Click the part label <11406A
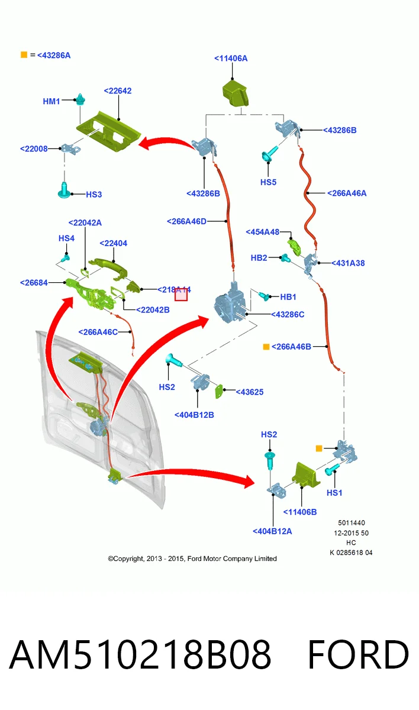tap(231, 59)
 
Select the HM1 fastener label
tap(51, 101)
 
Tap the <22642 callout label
tap(118, 91)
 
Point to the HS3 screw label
tap(94, 195)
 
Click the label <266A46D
tap(186, 221)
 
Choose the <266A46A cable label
tap(347, 193)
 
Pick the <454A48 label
tap(262, 232)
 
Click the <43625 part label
tap(250, 392)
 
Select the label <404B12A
tap(272, 531)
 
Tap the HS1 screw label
tap(334, 493)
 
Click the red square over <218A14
tap(181, 295)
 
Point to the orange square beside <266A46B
tap(266, 347)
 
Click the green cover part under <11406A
tap(235, 93)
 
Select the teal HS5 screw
tap(269, 153)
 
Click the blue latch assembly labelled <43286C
tap(230, 304)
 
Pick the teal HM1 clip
tap(80, 99)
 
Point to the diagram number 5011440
tap(351, 522)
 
